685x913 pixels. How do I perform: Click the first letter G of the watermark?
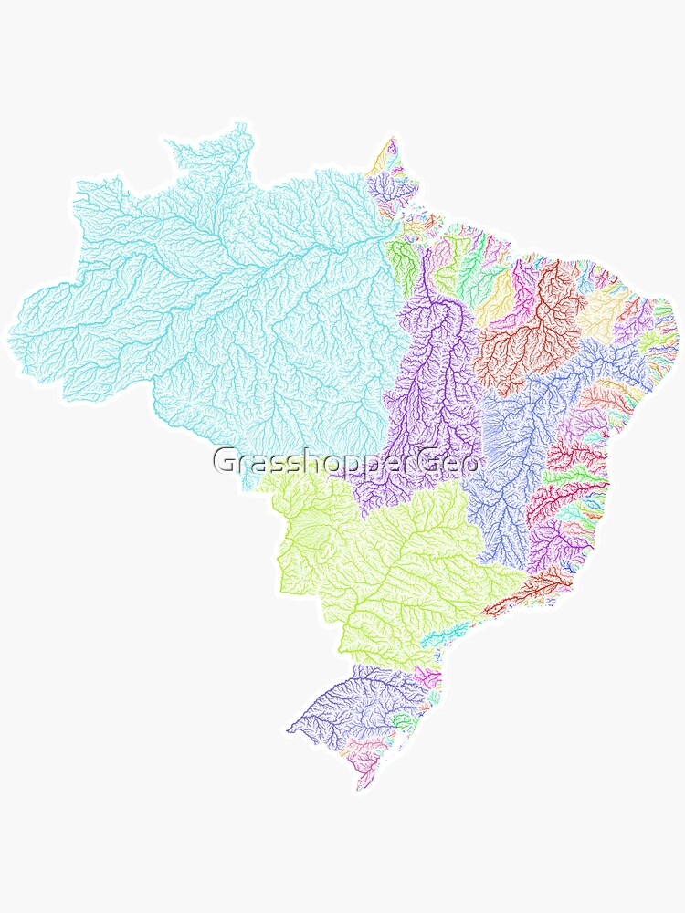click(224, 461)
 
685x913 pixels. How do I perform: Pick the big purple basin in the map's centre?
click(429, 383)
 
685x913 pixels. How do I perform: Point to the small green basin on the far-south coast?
click(402, 721)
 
